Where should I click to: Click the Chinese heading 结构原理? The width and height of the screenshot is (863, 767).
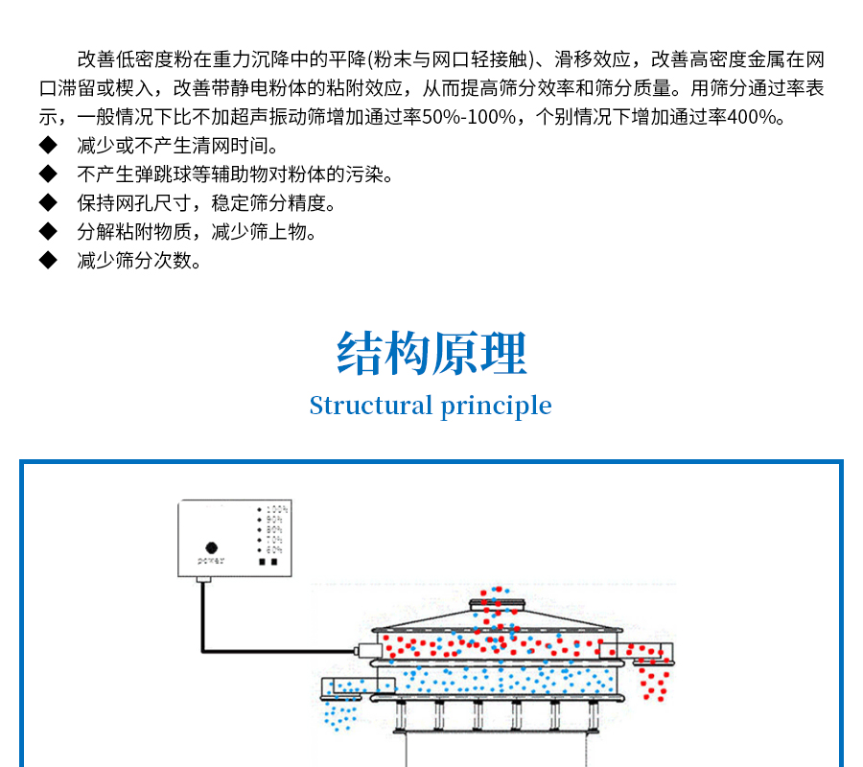[x=431, y=354]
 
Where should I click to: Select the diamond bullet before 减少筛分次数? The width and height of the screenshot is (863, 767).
[x=49, y=261]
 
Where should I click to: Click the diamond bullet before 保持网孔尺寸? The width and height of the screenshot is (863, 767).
[x=49, y=203]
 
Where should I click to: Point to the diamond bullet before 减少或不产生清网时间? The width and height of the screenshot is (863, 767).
[x=49, y=147]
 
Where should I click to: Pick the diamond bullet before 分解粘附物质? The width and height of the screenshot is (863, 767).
[x=49, y=232]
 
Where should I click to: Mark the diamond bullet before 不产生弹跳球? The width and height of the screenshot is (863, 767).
[x=49, y=175]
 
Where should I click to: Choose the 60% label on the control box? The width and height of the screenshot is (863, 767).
[x=274, y=550]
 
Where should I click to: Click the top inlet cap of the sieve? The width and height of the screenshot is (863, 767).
[x=498, y=603]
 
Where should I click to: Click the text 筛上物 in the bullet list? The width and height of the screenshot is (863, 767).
[x=293, y=232]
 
